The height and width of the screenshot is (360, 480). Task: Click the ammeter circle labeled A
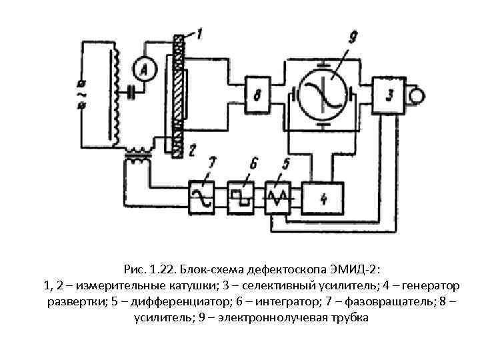[x=142, y=68]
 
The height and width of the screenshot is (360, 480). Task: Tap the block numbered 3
[x=389, y=95]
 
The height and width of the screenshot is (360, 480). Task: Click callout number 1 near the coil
[x=201, y=33]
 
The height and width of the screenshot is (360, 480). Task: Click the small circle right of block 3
[x=417, y=95]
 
